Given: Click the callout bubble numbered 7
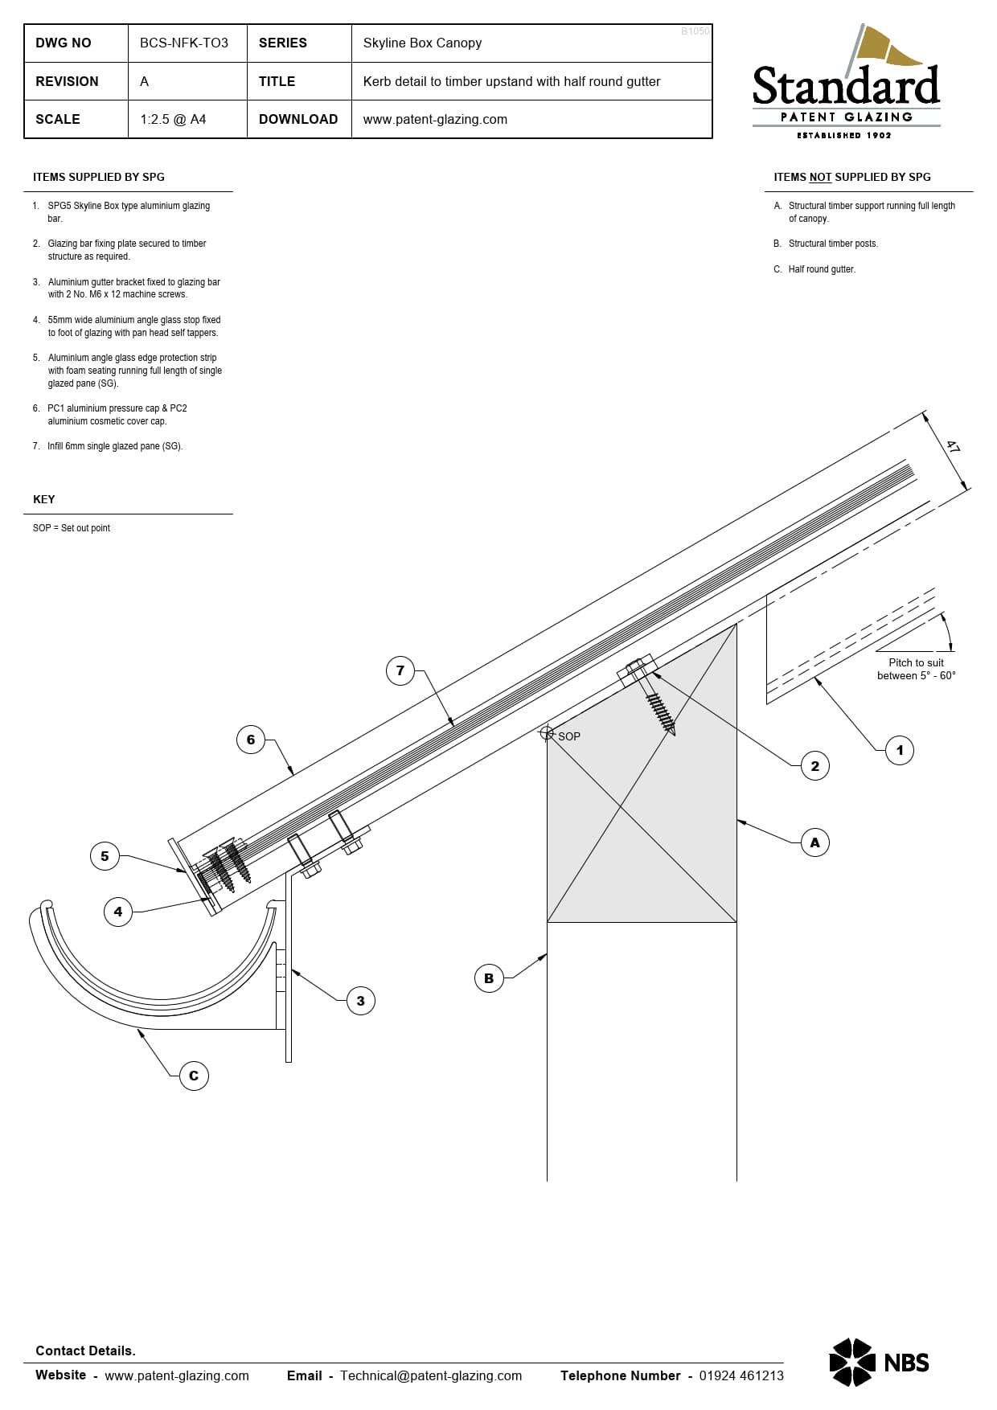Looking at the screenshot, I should pos(400,670).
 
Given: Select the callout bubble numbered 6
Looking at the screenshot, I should pos(251,740).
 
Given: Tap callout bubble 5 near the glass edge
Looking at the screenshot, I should pos(105,856).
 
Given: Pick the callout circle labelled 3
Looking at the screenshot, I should pos(360,1001).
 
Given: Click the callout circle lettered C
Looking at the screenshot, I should pos(194,1076).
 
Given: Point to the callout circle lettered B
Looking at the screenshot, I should pos(489,978).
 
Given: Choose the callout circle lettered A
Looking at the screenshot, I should pos(815,842).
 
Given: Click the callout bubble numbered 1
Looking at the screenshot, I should pos(900,750).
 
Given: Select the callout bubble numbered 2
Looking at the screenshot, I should pos(815,766).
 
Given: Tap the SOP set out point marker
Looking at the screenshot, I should pos(547,733).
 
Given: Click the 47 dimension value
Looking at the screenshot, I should pos(953,447).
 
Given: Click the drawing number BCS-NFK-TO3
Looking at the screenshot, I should pos(184,43).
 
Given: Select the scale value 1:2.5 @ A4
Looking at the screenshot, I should pos(173,119).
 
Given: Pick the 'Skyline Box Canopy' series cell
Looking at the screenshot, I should pos(422,43).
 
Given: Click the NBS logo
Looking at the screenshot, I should pos(879,1362).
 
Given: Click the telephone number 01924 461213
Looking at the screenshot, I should pos(741,1375).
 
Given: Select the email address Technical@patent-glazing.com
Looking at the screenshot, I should pos(431,1375).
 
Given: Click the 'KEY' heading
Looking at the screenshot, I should pos(44,499).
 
